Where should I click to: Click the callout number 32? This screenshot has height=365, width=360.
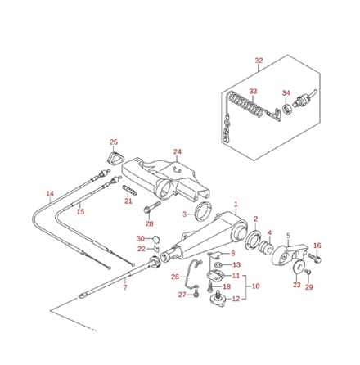259,61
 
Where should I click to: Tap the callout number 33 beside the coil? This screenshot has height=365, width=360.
254,91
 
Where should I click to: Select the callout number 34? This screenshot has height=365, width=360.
286,92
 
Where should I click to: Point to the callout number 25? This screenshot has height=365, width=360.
114,142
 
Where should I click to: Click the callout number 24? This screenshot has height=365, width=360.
178,151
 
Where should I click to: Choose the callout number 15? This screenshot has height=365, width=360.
80,212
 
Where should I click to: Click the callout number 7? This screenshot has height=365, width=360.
125,288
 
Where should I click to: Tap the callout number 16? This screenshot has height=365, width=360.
318,246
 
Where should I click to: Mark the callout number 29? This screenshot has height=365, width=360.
309,287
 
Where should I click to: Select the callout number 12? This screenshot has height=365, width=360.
236,300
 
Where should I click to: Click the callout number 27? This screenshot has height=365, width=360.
182,294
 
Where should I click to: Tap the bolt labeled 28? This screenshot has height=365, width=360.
151,211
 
